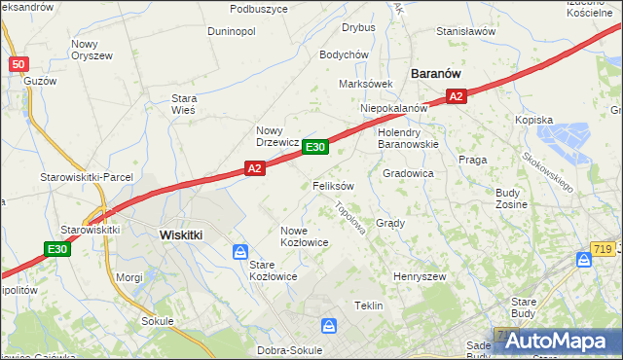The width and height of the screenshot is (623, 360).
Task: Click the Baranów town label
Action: (435, 73)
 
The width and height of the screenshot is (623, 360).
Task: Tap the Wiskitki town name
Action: (180, 234)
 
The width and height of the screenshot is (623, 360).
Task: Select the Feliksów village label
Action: (333, 185)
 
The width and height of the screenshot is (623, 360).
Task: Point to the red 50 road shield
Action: (18, 64)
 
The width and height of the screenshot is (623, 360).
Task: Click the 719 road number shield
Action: (606, 249)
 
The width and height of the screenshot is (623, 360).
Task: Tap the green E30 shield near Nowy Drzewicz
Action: (314, 147)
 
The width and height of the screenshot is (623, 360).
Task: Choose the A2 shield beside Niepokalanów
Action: (457, 95)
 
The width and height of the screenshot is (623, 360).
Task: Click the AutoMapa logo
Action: (559, 341)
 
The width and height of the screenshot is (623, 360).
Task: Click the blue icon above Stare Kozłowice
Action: (240, 252)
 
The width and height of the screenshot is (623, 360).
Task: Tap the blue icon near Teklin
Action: (329, 325)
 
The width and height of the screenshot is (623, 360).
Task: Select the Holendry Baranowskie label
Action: (409, 137)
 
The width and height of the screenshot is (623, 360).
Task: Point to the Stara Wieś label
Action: (184, 104)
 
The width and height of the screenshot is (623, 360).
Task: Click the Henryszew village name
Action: (419, 276)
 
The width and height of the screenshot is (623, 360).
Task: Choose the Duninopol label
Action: (232, 31)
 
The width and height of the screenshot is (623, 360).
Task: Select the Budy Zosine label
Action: (511, 198)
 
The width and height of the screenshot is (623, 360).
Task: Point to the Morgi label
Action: (130, 276)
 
